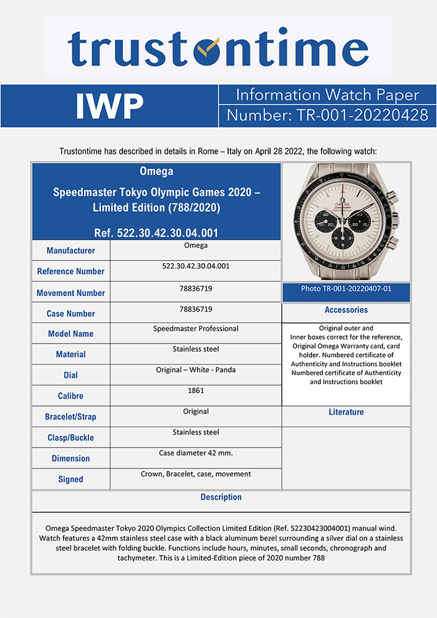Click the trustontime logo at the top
(218, 48)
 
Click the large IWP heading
(109, 106)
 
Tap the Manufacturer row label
(70, 251)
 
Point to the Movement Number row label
(70, 293)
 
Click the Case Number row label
(70, 314)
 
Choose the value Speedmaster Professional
(195, 329)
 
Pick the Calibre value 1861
(195, 391)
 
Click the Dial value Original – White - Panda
(195, 370)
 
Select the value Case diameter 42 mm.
(195, 453)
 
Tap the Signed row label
(70, 479)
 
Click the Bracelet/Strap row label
(70, 417)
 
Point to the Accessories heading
(346, 310)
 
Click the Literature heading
(346, 412)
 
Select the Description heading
(221, 497)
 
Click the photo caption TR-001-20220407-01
(346, 289)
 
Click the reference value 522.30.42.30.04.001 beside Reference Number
(195, 266)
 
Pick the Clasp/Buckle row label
(70, 438)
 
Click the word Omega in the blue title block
(156, 171)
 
